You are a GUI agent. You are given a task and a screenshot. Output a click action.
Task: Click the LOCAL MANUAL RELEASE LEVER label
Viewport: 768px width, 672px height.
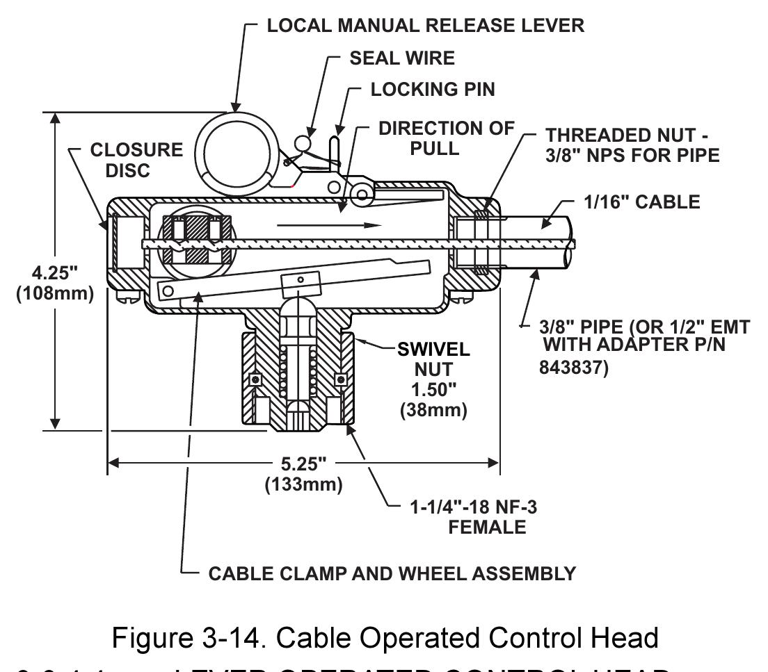coord(426,26)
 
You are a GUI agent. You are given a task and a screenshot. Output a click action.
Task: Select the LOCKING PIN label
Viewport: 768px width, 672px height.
coord(426,90)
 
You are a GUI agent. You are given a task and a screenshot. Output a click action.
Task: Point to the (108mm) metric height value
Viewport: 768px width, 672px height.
coord(52,293)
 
